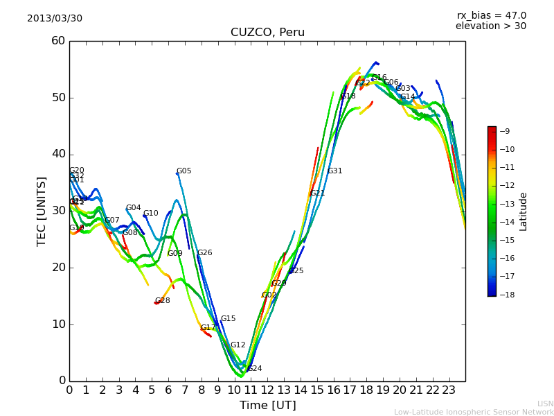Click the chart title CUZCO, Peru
[x=267, y=33]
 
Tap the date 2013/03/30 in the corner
[x=55, y=18]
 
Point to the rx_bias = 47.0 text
[x=491, y=15]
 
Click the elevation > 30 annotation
[x=490, y=26]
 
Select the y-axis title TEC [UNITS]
[x=42, y=211]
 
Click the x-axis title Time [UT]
[x=267, y=406]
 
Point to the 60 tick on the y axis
[x=58, y=41]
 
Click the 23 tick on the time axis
[x=449, y=390]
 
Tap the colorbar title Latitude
[x=524, y=211]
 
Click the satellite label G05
[x=184, y=171]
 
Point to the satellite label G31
[x=334, y=171]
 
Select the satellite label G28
[x=162, y=301]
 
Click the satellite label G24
[x=254, y=369]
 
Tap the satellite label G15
[x=228, y=319]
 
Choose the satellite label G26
[x=204, y=253]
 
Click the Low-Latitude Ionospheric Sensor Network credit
[x=474, y=412]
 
